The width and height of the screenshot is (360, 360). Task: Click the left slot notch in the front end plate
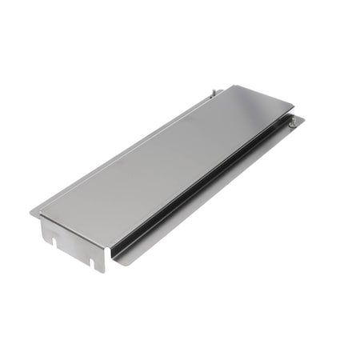(x=51, y=238)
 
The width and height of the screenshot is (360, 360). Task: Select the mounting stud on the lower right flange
(x=293, y=122)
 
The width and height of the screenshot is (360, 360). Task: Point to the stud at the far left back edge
(x=214, y=93)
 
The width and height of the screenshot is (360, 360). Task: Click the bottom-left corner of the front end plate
(x=42, y=242)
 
